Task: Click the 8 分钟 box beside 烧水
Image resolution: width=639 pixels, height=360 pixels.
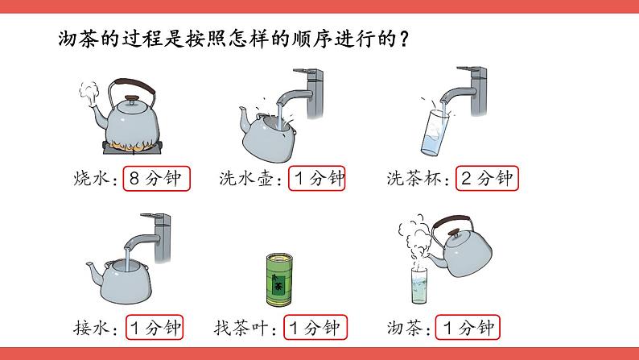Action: coord(156,178)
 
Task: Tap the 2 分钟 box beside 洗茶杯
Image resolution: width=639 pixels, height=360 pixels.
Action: coord(487,178)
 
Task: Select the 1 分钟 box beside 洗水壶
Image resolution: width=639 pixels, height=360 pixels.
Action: coord(316,178)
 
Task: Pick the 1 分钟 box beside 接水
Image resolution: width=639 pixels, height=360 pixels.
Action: coord(155,327)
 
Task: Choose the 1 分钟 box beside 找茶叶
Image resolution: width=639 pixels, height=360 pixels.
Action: coord(315,327)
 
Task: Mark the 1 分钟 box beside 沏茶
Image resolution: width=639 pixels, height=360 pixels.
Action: coord(468,327)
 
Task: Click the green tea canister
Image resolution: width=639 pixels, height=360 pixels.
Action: coord(279,279)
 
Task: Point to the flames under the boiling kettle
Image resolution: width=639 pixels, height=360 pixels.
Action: coord(132,146)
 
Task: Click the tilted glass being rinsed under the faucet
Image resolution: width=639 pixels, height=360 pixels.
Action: coord(435,132)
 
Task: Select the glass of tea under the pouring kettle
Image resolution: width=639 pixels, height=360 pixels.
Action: coord(418,286)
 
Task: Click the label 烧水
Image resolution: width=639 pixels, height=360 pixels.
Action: coord(91,179)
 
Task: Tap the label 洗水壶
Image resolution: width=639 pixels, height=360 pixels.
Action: coord(245,179)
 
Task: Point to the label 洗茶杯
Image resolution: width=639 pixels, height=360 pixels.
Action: coord(413,179)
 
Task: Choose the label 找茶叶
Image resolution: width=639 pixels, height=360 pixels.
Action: coord(241,328)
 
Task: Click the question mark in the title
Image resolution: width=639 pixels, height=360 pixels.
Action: coord(404,39)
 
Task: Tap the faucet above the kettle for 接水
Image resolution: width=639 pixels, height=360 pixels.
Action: coord(149,238)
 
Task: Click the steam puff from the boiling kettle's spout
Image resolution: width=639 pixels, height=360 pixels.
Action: coord(89,92)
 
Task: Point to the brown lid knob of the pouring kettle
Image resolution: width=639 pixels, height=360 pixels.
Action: coord(453,234)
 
